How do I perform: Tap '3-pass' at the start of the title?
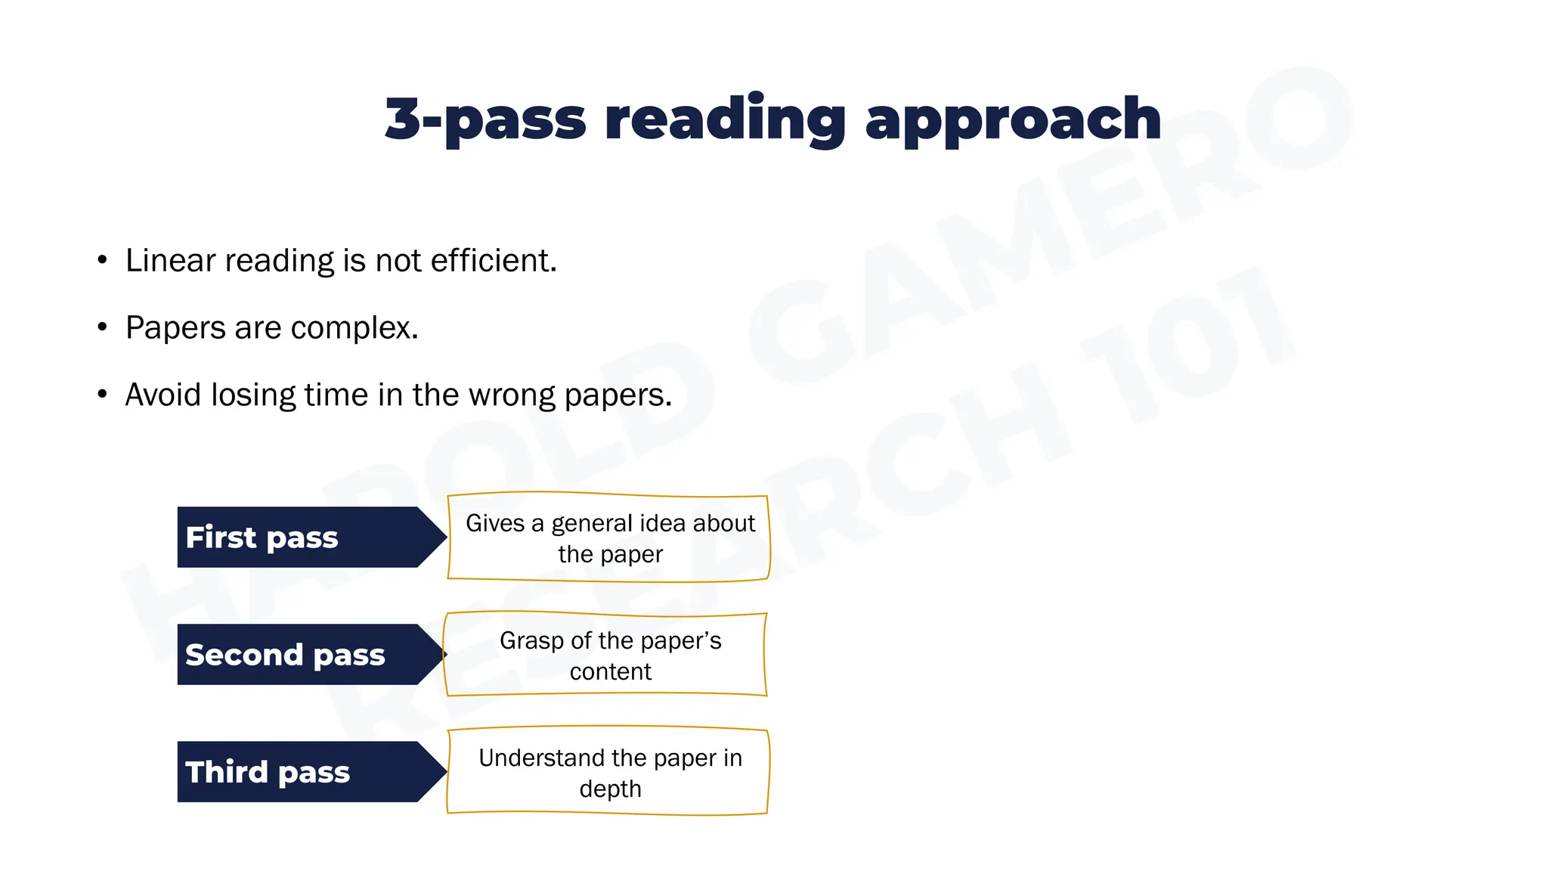coord(485,119)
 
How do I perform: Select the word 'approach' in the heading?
coord(1012,119)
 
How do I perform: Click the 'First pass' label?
coord(262,538)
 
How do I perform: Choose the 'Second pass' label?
coord(285,655)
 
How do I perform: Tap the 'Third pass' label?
coord(268,772)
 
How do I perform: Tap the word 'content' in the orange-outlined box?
coord(610,671)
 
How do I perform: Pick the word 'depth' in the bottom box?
coord(610,789)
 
